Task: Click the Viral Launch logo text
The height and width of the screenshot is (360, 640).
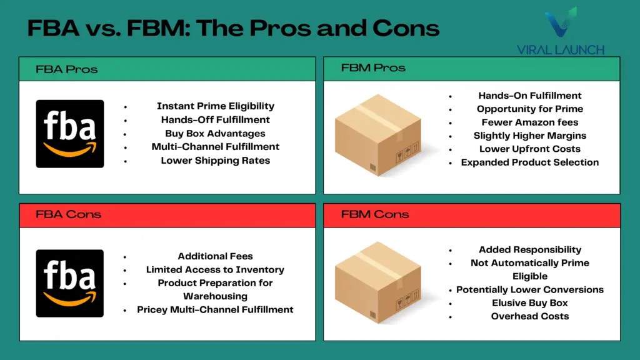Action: coord(561,50)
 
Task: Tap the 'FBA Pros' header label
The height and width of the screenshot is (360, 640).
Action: coord(67,69)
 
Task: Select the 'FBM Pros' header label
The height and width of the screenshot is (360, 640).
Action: coord(373,68)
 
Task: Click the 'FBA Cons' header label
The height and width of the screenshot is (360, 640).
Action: coord(68,214)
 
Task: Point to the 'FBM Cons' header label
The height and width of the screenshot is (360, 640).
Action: coord(375,214)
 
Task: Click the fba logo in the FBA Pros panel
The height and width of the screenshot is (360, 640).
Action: coord(70,134)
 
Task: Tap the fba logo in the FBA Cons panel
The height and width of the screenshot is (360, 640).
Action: coord(70,283)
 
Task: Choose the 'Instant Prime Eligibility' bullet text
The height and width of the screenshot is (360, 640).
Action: coord(216,106)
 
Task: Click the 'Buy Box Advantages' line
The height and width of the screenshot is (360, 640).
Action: coord(216,133)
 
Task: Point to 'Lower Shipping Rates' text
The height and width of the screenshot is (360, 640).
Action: coord(216,161)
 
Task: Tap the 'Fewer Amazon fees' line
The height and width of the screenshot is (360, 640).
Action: coord(530,122)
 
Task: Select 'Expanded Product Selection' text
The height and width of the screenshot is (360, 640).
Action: coord(530,162)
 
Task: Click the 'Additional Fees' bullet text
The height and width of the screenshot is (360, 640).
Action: coord(216,256)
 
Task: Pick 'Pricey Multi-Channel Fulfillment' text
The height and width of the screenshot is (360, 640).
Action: coord(216,310)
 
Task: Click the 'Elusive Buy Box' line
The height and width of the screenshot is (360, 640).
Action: coord(530,303)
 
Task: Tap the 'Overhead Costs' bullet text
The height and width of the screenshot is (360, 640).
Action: coord(530,316)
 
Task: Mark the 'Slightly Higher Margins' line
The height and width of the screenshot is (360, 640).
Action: coord(530,136)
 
